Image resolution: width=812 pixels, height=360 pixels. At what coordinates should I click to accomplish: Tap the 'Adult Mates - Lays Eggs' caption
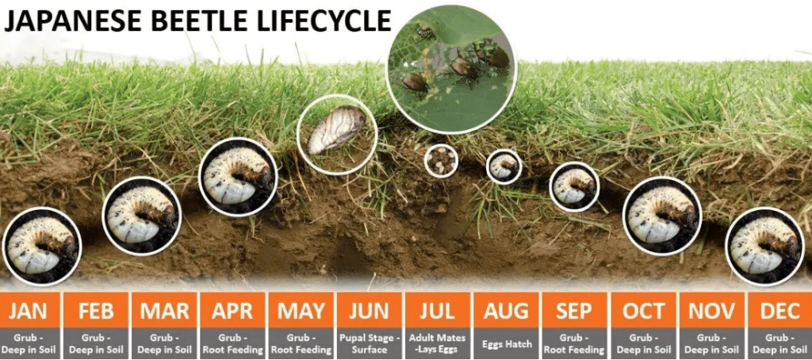click(437, 343)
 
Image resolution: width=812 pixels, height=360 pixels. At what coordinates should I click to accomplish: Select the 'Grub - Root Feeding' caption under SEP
click(574, 343)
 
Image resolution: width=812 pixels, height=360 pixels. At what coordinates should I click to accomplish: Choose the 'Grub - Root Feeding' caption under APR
click(233, 343)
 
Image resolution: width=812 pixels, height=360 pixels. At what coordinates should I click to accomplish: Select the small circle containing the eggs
click(441, 161)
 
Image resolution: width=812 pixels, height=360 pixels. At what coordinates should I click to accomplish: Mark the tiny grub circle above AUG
click(504, 167)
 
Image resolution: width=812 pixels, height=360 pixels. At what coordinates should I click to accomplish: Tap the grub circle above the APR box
click(238, 177)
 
